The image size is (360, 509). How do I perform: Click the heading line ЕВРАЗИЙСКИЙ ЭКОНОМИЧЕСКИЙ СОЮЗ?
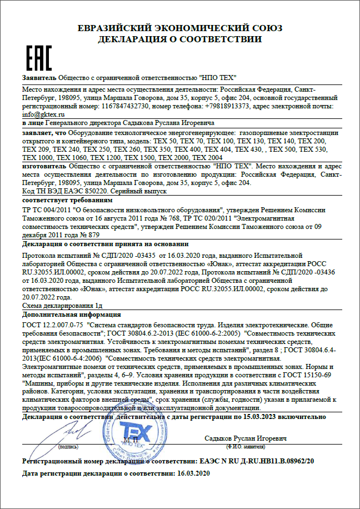coord(180,28)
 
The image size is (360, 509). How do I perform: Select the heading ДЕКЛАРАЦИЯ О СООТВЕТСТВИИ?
coord(180,39)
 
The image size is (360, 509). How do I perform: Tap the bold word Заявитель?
coord(39,77)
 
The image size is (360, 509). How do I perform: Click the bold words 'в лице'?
coord(32,123)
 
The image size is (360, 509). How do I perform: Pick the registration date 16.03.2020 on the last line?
coord(191,473)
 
